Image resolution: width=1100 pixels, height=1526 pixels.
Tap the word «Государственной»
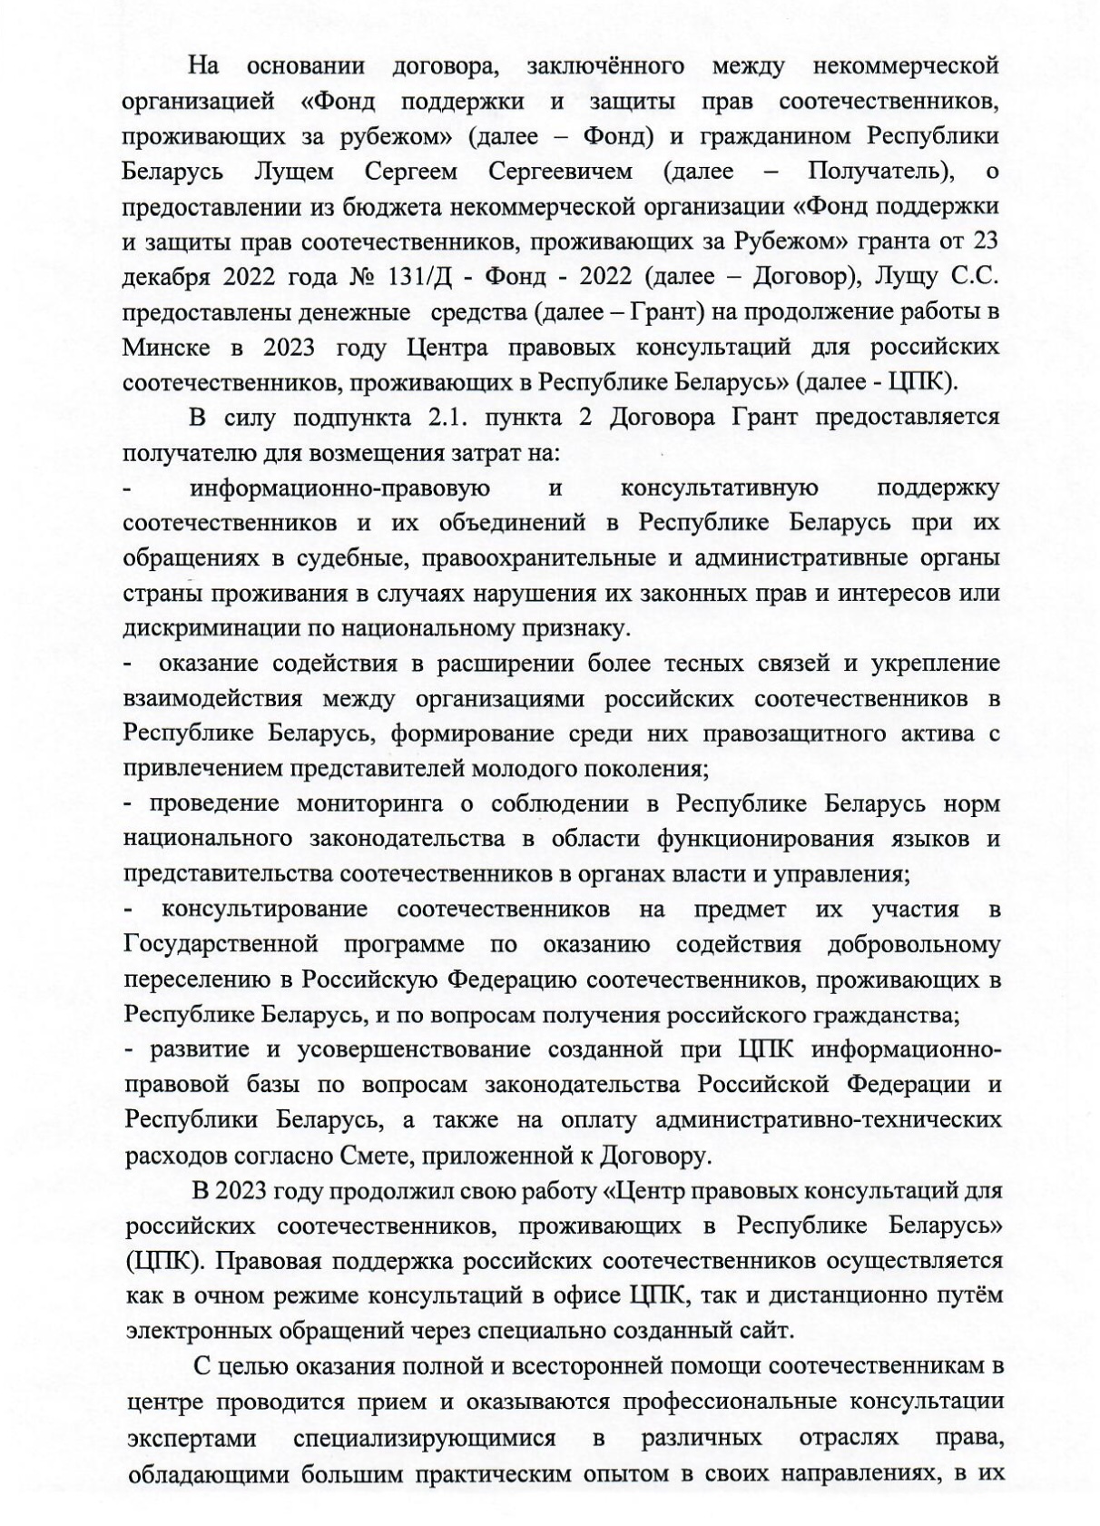pyautogui.click(x=221, y=944)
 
